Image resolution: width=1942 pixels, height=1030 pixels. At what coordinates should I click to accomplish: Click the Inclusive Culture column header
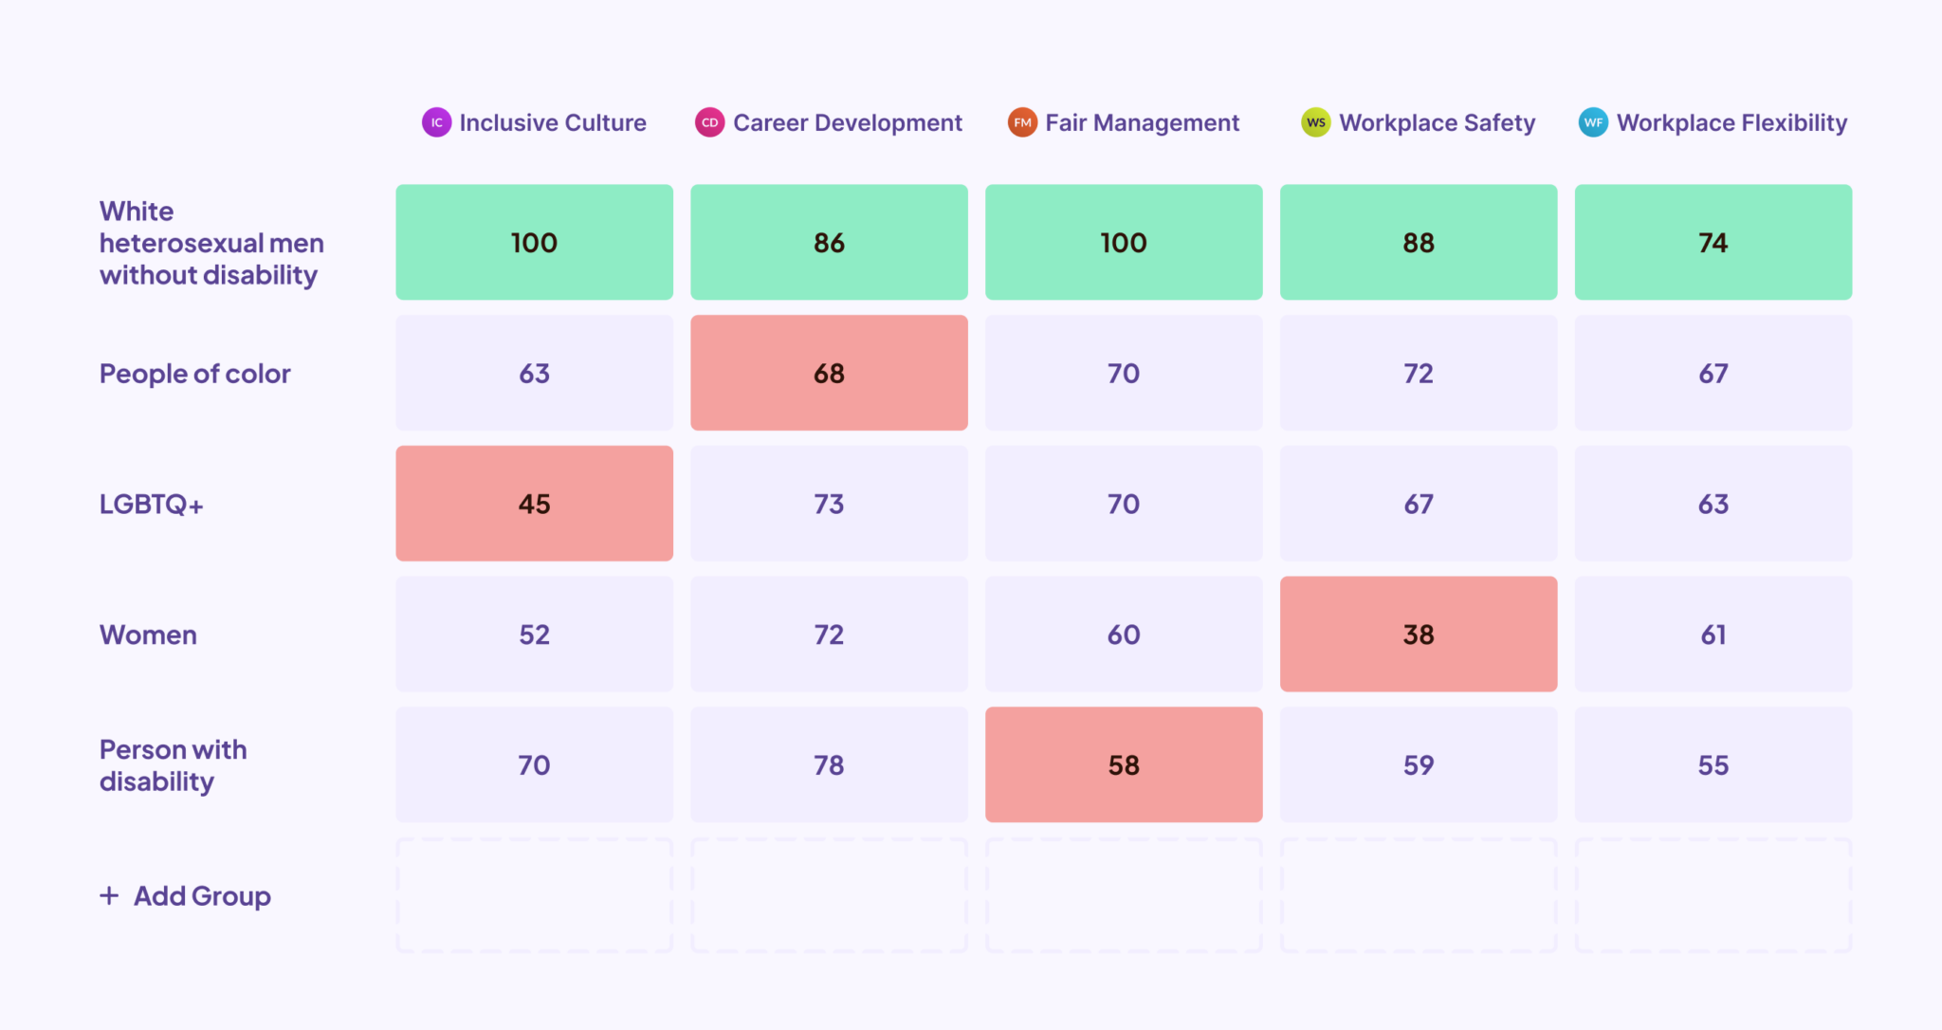tap(552, 123)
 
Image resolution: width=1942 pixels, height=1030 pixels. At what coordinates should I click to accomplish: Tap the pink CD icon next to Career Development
tap(709, 122)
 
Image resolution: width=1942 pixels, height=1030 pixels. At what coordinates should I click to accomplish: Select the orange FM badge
tap(1022, 122)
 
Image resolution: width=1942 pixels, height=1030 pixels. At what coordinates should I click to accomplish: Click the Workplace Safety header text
tap(1437, 123)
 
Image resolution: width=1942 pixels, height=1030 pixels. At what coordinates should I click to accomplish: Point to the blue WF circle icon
tap(1593, 122)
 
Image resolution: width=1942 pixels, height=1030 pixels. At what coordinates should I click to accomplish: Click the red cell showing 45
tap(534, 504)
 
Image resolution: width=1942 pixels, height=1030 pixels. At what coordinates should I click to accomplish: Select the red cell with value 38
tap(1418, 635)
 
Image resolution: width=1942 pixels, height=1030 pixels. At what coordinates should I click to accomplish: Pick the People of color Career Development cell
tap(829, 373)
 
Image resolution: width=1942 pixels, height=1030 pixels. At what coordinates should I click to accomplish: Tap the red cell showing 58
tap(1124, 764)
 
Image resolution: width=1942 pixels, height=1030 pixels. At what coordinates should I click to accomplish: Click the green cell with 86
tap(829, 243)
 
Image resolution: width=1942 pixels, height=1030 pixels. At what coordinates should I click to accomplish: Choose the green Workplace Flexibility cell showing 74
tap(1713, 243)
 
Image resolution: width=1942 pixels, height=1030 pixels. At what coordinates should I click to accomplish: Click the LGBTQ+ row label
tap(152, 504)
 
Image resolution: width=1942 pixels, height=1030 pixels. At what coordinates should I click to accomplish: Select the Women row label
tap(149, 635)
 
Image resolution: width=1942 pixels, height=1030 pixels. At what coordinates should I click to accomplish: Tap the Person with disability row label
tap(173, 764)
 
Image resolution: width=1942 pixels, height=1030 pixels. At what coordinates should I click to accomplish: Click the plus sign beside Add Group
tap(110, 895)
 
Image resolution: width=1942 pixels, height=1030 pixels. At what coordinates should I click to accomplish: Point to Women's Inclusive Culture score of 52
tap(534, 635)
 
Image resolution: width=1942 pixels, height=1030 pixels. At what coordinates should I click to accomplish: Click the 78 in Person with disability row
tap(829, 764)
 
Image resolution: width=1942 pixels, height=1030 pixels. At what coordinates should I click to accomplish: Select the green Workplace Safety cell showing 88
tap(1418, 243)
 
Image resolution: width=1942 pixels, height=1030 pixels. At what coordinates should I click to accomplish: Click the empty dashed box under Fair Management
tap(1124, 895)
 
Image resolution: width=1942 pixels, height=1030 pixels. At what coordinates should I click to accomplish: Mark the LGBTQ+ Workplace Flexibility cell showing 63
tap(1713, 504)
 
